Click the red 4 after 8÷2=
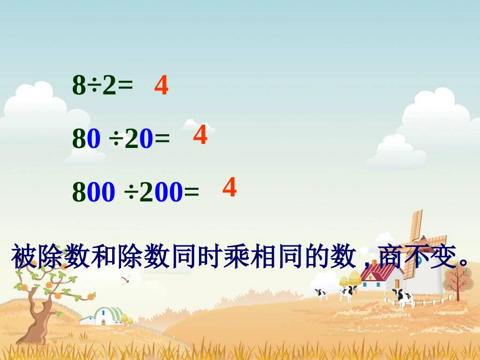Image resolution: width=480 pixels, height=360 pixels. coord(161,86)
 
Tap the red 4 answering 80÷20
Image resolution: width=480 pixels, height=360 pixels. coord(200,135)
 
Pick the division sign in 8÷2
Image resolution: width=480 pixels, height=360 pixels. coord(94,87)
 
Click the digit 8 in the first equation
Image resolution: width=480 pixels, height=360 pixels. coord(79,87)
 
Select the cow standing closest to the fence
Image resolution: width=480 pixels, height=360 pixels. coord(402,297)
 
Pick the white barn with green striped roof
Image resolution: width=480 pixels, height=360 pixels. coord(107,316)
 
